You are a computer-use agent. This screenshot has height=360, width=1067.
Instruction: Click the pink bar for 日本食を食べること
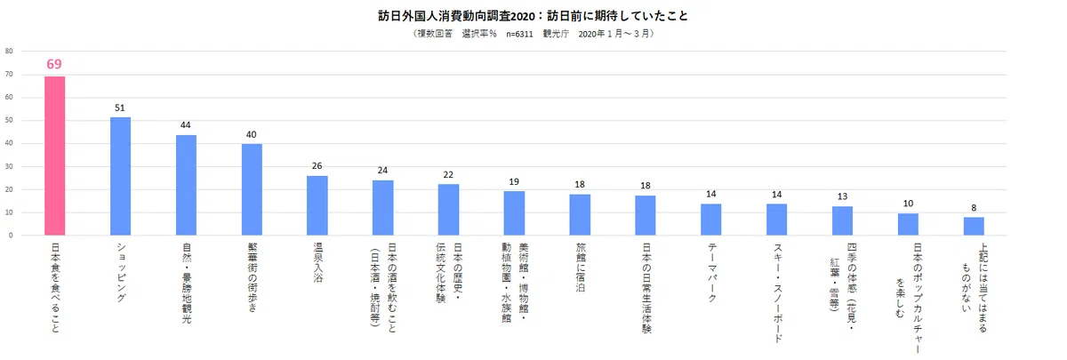[55, 156]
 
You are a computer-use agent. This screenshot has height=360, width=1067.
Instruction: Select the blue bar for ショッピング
[121, 176]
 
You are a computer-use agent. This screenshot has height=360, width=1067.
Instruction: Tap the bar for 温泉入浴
[317, 205]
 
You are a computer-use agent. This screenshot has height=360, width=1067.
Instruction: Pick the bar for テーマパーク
[710, 220]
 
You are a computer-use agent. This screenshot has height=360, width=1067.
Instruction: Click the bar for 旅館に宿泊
[580, 215]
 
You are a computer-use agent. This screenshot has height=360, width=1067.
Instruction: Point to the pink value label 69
[54, 64]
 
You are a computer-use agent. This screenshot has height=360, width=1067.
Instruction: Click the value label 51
[119, 108]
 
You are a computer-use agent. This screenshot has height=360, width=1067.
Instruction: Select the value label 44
[185, 125]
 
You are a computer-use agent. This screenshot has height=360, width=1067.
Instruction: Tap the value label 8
[974, 208]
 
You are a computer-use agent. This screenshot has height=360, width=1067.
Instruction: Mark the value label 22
[448, 175]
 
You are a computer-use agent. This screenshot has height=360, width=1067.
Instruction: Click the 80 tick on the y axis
[9, 51]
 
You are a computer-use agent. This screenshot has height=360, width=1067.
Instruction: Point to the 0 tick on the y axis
[11, 236]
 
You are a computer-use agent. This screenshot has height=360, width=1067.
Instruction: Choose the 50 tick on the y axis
[9, 121]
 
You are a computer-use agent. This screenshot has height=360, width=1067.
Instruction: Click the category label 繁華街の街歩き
[252, 277]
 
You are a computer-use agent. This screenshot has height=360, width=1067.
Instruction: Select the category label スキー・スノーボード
[777, 292]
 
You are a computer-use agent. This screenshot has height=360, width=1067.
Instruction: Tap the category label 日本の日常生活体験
[646, 288]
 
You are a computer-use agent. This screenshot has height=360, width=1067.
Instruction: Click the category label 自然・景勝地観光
[186, 284]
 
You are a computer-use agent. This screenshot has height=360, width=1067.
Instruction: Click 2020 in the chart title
[523, 16]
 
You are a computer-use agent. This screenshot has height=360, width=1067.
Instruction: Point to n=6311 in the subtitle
[519, 35]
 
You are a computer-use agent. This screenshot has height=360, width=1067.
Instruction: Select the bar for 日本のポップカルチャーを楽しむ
[909, 224]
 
